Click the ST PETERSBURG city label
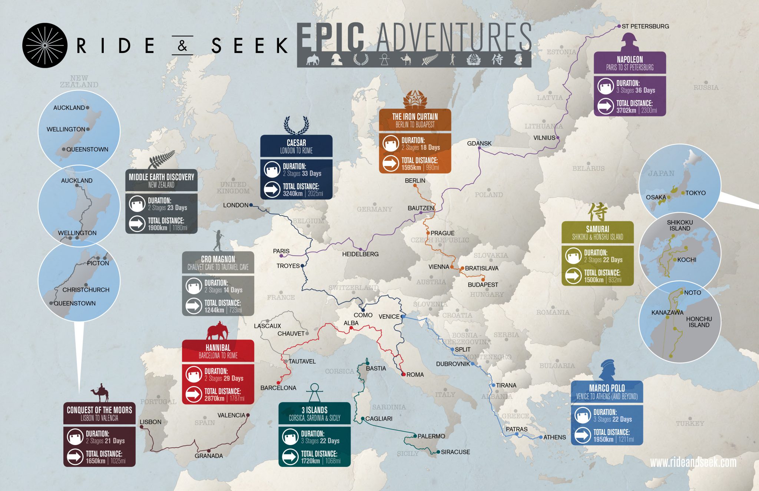(645, 26)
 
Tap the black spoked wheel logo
(45, 45)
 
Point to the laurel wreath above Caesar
(296, 125)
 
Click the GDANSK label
(479, 143)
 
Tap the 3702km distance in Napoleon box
(626, 110)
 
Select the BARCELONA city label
(278, 388)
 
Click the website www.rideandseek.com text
(693, 462)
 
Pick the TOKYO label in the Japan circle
(695, 193)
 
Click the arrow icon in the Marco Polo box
(582, 435)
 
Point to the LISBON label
(150, 422)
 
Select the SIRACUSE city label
(455, 452)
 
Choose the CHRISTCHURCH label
(86, 290)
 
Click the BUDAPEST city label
(483, 285)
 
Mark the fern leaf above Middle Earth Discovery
(161, 160)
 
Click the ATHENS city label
(554, 437)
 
